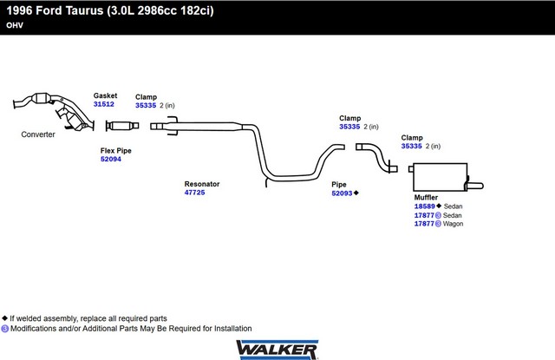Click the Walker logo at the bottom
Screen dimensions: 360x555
(277, 349)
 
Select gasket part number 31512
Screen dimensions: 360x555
(103, 104)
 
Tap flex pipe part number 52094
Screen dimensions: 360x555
(111, 160)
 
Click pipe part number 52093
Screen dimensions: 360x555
(342, 193)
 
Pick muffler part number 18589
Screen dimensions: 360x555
(425, 206)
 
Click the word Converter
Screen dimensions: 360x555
(38, 134)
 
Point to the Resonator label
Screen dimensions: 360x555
(201, 184)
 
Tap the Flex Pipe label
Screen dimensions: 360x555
(116, 150)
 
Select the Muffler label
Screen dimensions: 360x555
(426, 197)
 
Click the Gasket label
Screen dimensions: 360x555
(105, 95)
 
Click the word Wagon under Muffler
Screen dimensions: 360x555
(454, 224)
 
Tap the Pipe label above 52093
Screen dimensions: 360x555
(339, 184)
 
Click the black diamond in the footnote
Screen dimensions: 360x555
(5, 318)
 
